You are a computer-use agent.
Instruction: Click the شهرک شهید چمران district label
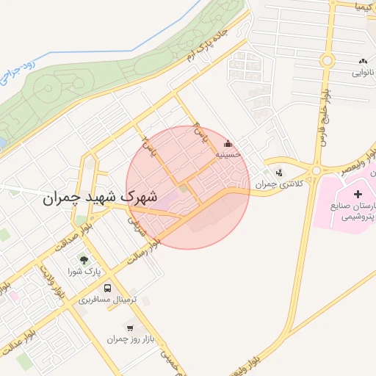pos(100,197)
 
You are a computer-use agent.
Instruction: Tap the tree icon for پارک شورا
pos(82,259)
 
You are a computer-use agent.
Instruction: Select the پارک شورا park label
pos(82,272)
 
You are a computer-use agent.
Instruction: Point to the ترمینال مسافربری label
pos(109,300)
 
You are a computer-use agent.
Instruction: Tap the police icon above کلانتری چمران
pos(278,173)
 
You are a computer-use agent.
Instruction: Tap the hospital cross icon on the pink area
pos(358,195)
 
